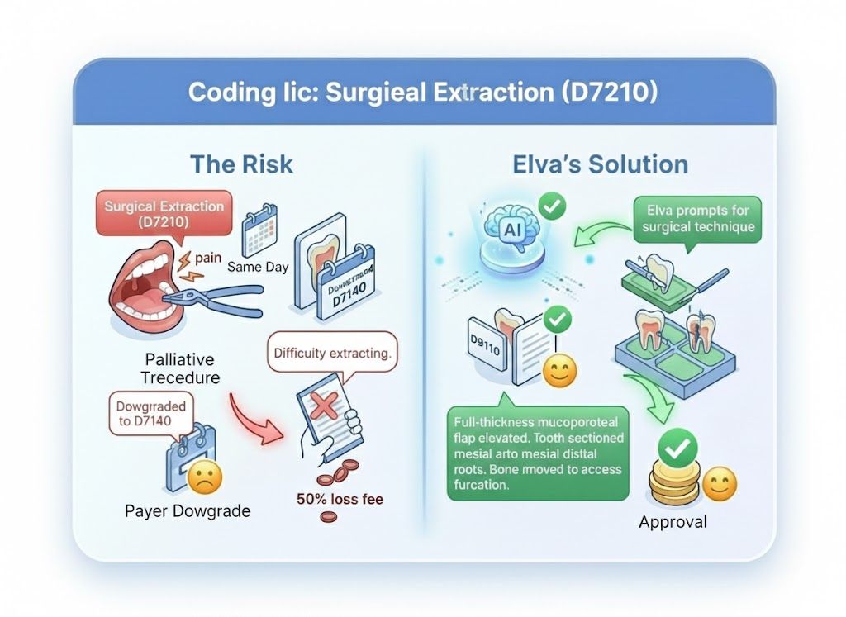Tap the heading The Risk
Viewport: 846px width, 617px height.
(241, 164)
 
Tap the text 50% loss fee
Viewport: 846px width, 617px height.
(340, 499)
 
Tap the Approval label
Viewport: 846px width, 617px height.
(673, 522)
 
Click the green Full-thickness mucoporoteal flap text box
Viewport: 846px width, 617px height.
(537, 453)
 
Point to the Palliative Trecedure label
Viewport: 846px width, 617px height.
(179, 369)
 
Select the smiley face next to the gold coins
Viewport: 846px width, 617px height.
(719, 484)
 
